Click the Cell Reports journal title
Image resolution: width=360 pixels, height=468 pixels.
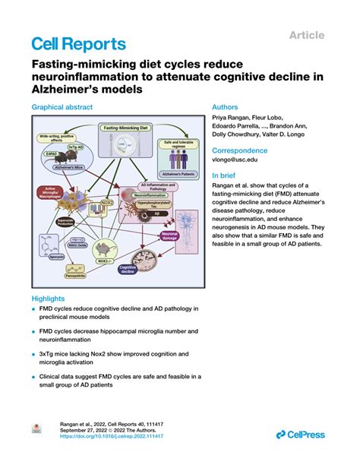78,44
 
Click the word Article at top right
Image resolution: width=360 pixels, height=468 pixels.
306,35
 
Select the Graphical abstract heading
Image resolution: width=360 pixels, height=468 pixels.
62,108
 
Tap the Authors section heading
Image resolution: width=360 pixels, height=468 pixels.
226,108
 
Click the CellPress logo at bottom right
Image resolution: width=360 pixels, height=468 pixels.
301,434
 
